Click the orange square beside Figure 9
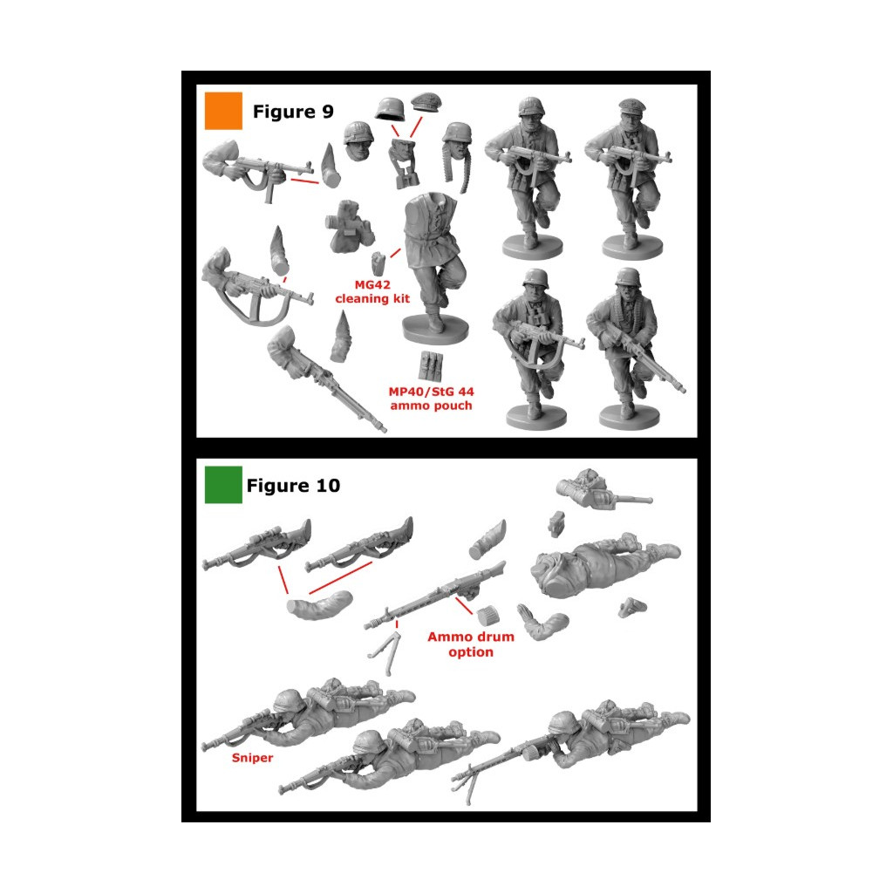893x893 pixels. pos(223,111)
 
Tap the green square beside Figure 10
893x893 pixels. pos(223,485)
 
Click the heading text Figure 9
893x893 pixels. pos(293,112)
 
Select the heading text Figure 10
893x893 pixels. pos(293,485)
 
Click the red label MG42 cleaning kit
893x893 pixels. pos(372,291)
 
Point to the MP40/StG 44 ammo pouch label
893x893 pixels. pos(431,399)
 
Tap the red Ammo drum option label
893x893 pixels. pos(471,644)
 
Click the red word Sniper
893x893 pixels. pos(252,758)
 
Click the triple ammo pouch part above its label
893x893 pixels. pos(431,365)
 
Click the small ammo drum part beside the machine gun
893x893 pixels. pos(488,615)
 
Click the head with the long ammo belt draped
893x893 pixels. pos(459,153)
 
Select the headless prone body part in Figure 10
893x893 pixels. pos(603,564)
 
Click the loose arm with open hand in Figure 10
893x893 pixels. pos(541,623)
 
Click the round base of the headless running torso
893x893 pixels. pos(436,331)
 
